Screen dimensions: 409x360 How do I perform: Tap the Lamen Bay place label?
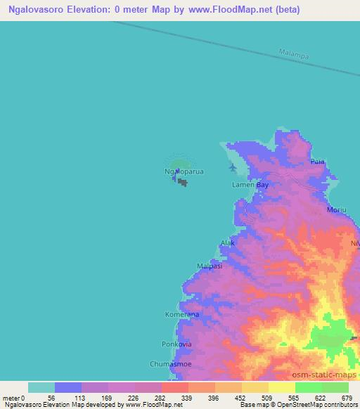pyautogui.click(x=250, y=185)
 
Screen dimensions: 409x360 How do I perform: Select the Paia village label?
pyautogui.click(x=318, y=162)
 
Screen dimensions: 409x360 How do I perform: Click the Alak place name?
pyautogui.click(x=227, y=242)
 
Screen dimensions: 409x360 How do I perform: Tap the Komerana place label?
pyautogui.click(x=182, y=315)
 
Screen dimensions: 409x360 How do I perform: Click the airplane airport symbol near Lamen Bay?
pyautogui.click(x=233, y=167)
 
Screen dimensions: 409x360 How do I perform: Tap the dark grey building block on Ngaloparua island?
pyautogui.click(x=183, y=183)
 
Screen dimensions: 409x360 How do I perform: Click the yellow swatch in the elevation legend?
pyautogui.click(x=281, y=387)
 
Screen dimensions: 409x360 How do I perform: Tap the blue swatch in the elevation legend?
pyautogui.click(x=68, y=387)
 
